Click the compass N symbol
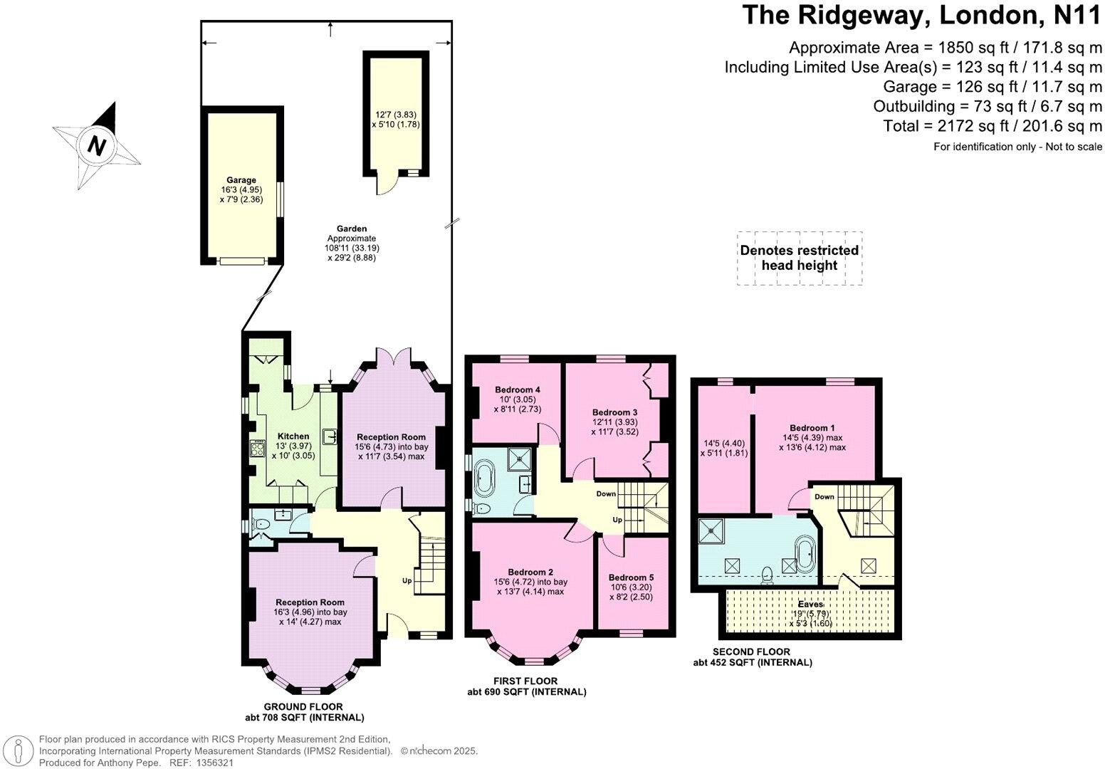(x=96, y=146)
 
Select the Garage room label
(x=241, y=180)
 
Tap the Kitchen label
(x=293, y=436)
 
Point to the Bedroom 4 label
(x=518, y=390)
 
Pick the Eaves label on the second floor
(x=810, y=605)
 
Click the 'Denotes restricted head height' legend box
(x=799, y=258)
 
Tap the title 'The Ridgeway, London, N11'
(x=921, y=16)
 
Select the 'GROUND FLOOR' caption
(x=303, y=707)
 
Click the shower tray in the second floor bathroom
(x=710, y=530)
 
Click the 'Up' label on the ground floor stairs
(x=407, y=580)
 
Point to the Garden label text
(x=352, y=229)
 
